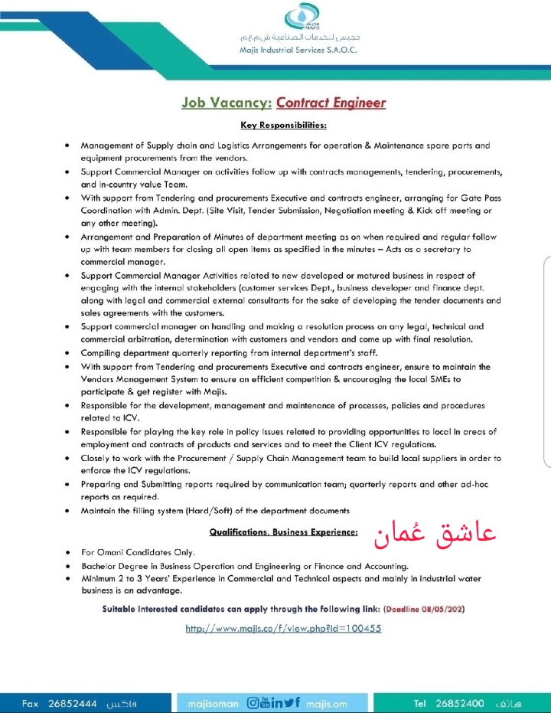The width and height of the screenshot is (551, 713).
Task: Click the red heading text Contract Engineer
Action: click(331, 103)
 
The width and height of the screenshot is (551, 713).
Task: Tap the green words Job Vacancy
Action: click(224, 103)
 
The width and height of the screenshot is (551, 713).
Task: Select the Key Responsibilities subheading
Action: click(283, 124)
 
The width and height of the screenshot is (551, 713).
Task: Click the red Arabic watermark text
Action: click(435, 535)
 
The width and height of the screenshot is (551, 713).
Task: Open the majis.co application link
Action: click(283, 628)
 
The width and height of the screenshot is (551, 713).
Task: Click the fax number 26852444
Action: click(73, 703)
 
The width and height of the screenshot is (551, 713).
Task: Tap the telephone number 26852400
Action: click(459, 703)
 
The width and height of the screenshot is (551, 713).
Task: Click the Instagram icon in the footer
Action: click(254, 703)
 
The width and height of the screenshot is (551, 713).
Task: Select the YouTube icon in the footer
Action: click(266, 703)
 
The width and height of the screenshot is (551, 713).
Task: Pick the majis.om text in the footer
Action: click(326, 703)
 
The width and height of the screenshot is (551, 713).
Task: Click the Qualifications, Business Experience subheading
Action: click(283, 531)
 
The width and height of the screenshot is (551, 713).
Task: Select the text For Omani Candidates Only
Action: click(139, 552)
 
